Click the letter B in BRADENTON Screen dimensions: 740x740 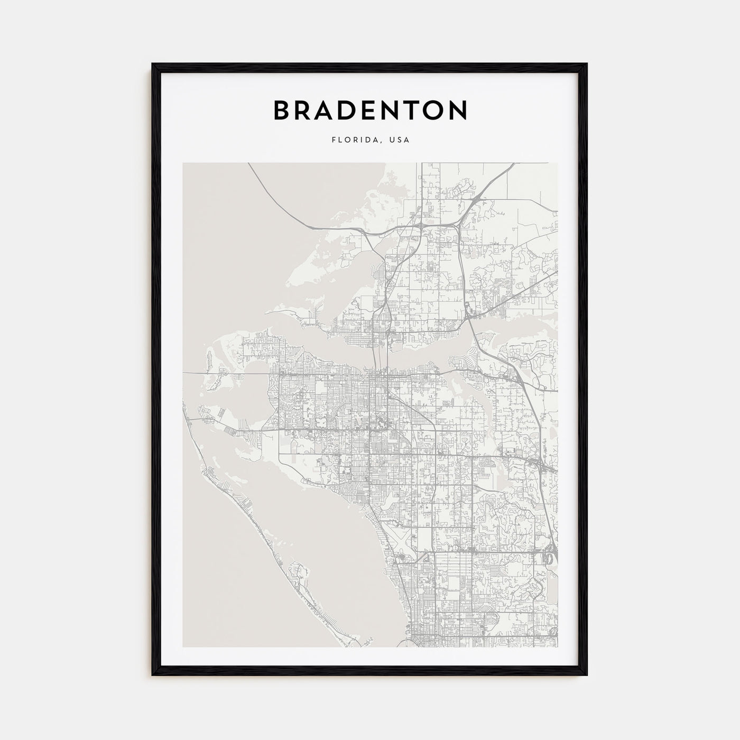click(281, 110)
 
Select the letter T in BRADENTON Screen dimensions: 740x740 click(414, 110)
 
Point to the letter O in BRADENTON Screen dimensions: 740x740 click(437, 110)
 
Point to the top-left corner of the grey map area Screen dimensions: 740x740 click(183, 163)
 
